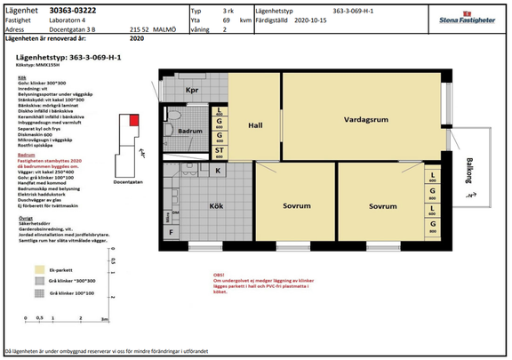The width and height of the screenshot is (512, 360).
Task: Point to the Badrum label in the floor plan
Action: tap(191, 131)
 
